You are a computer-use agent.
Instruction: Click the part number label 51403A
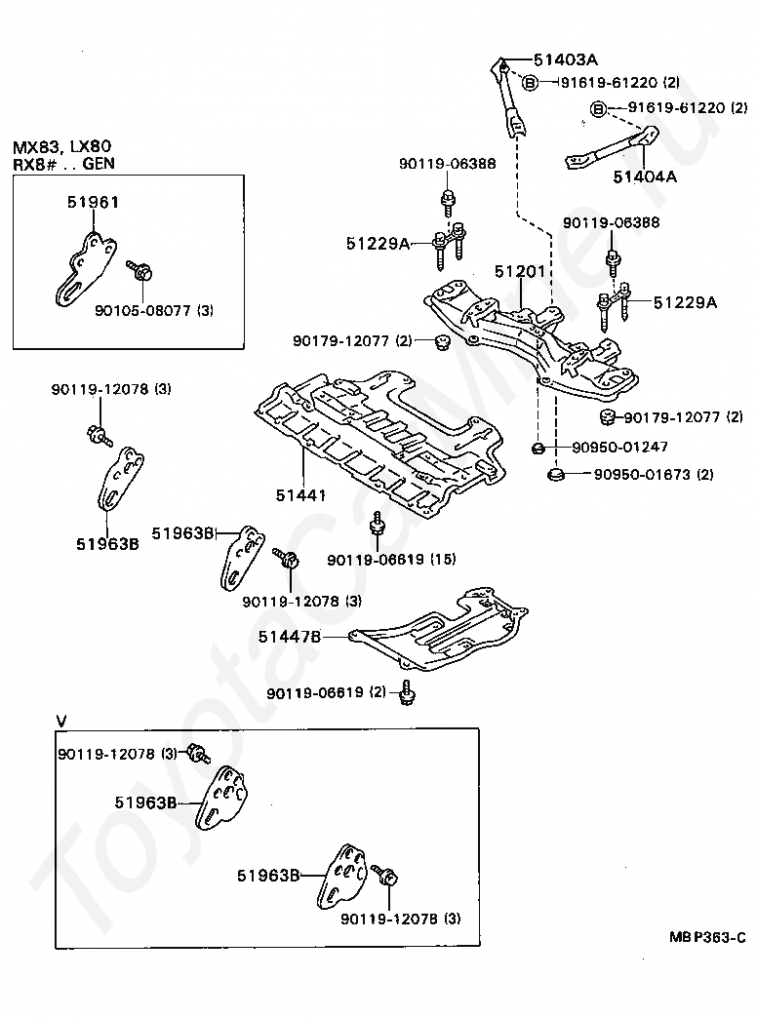pos(566,60)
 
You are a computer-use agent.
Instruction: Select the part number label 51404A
pos(645,176)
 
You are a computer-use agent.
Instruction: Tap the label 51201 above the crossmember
pos(520,271)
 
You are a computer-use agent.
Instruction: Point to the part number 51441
pos(300,495)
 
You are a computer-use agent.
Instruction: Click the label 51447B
pos(290,637)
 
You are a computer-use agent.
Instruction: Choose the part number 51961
pos(93,203)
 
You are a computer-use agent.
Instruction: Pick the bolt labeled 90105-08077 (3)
pos(139,271)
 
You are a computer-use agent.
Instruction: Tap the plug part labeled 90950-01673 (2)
pos(554,475)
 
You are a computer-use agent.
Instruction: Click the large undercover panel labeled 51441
pos(379,446)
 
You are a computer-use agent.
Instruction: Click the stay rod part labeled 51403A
pos(507,98)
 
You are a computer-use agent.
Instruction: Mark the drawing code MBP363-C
pos(707,937)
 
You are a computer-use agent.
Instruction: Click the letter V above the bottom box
pos(61,721)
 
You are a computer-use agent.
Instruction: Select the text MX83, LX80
pos(61,146)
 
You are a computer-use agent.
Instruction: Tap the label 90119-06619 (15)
pos(391,559)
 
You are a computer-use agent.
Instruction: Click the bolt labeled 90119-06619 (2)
pos(407,692)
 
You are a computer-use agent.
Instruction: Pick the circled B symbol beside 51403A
pos(531,83)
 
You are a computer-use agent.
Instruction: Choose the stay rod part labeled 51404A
pos(612,148)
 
